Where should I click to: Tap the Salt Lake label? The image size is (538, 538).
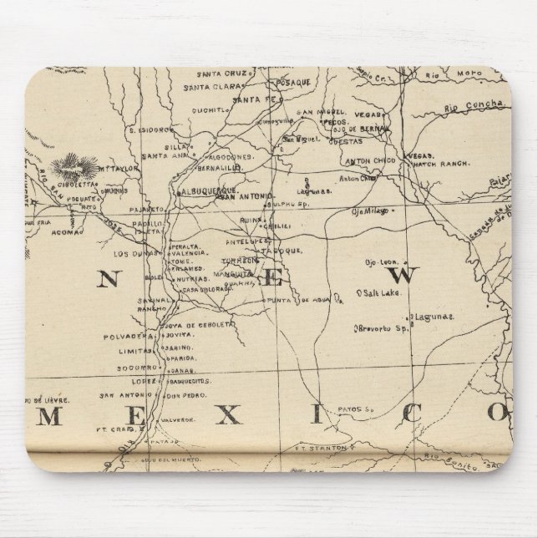point(378,292)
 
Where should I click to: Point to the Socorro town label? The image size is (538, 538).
point(137,366)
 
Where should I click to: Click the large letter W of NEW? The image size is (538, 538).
point(405,277)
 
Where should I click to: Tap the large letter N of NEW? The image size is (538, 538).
point(107,280)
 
